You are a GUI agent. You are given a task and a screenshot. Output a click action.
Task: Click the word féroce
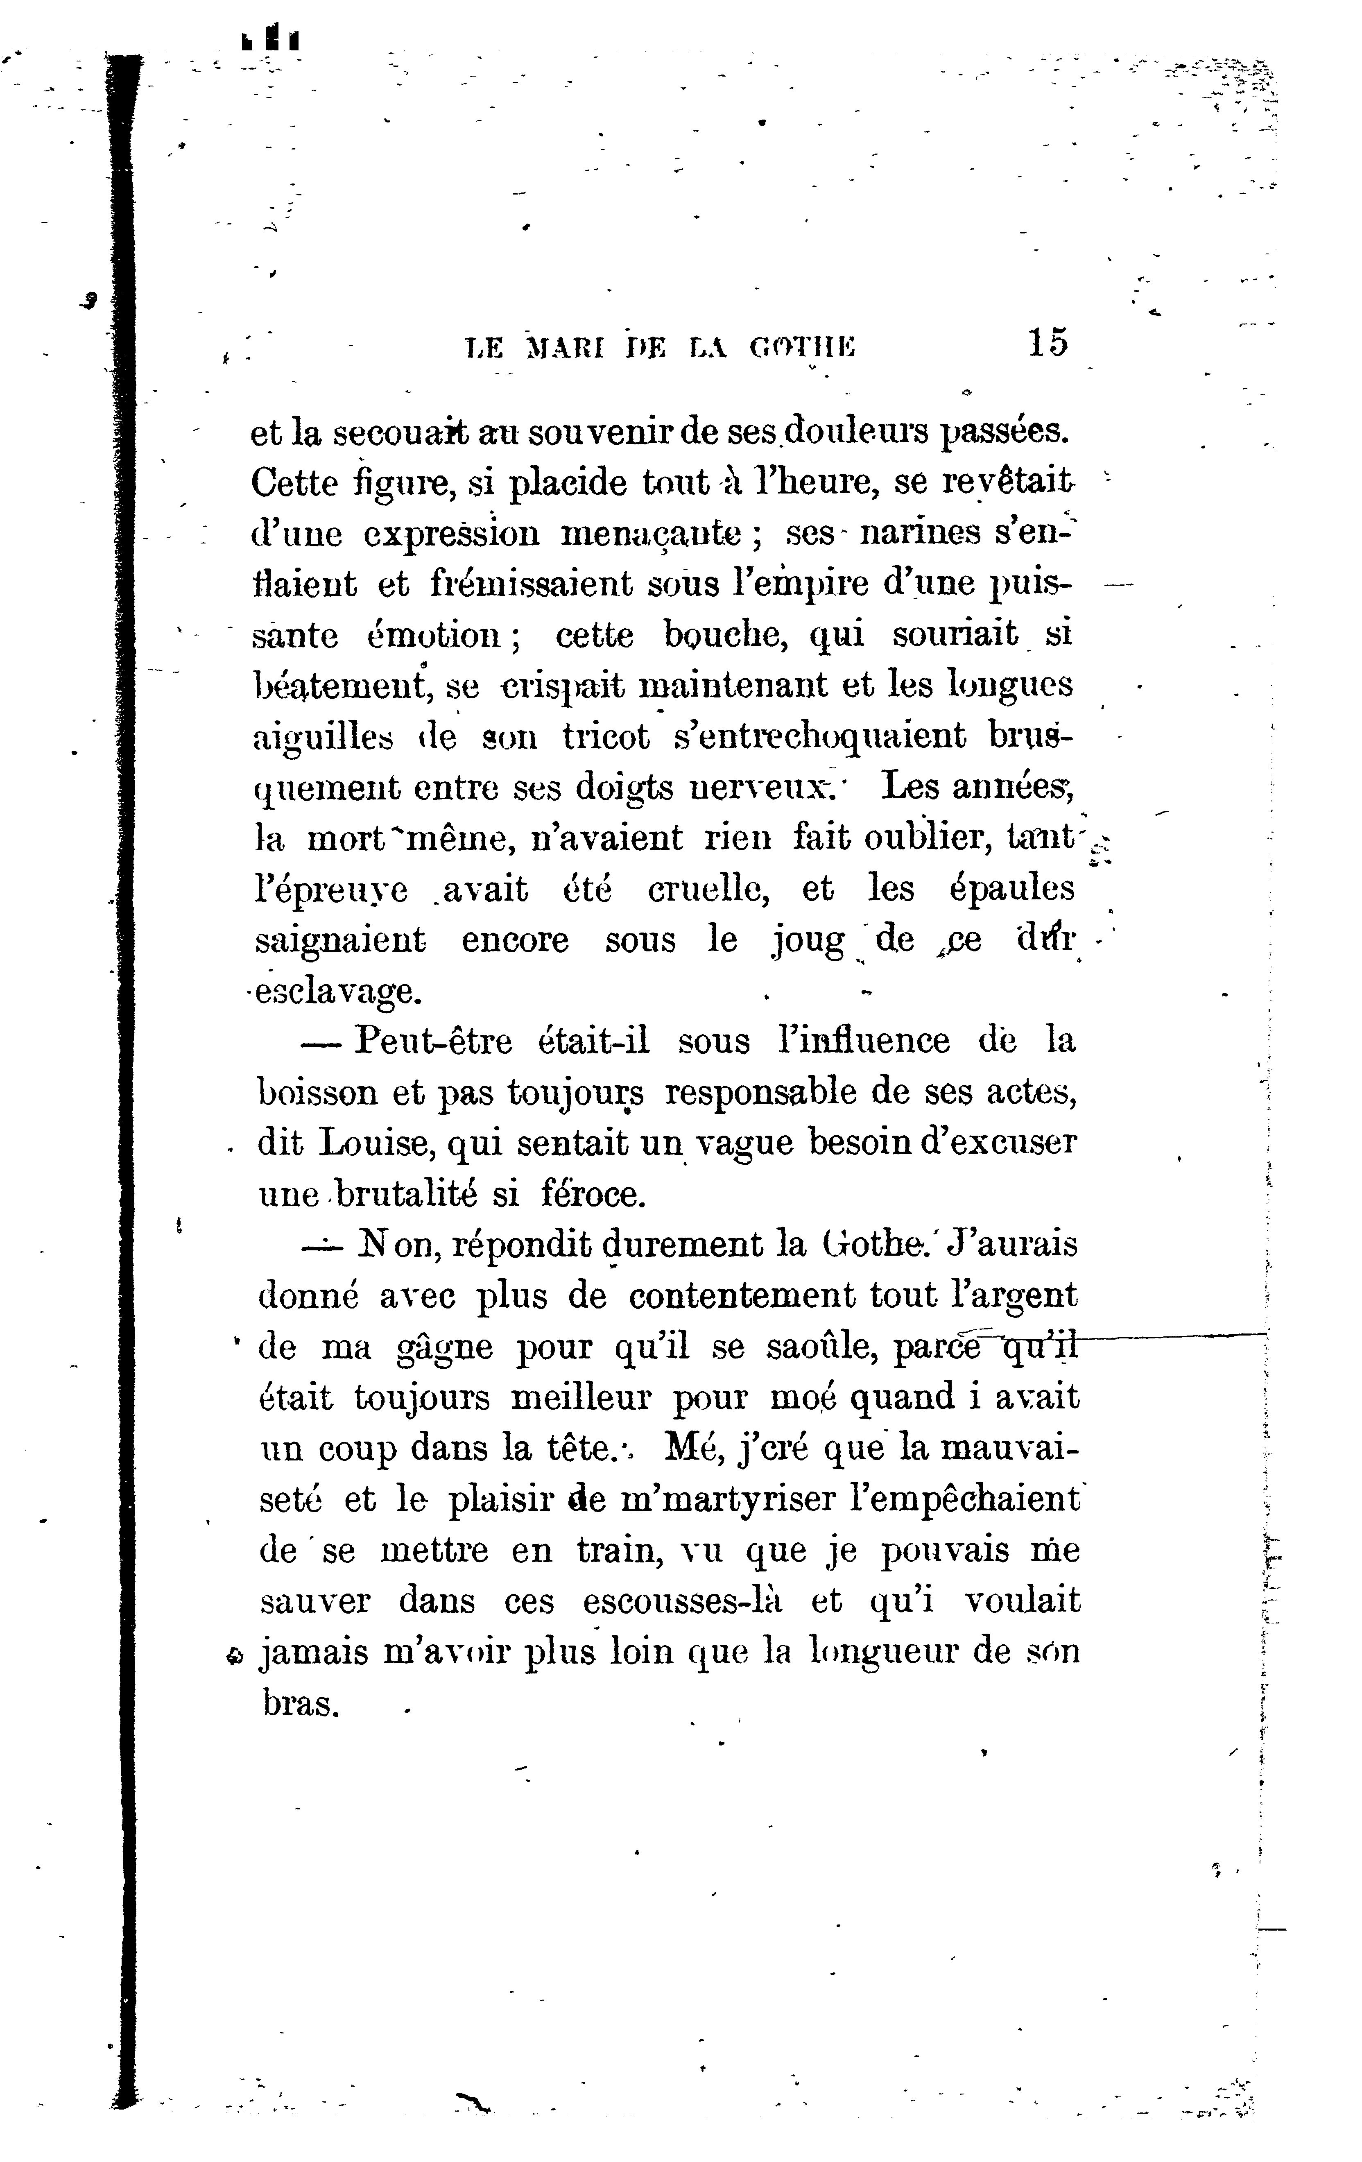pyautogui.click(x=593, y=1194)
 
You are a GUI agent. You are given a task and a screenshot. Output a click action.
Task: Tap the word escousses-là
pyautogui.click(x=682, y=1602)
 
